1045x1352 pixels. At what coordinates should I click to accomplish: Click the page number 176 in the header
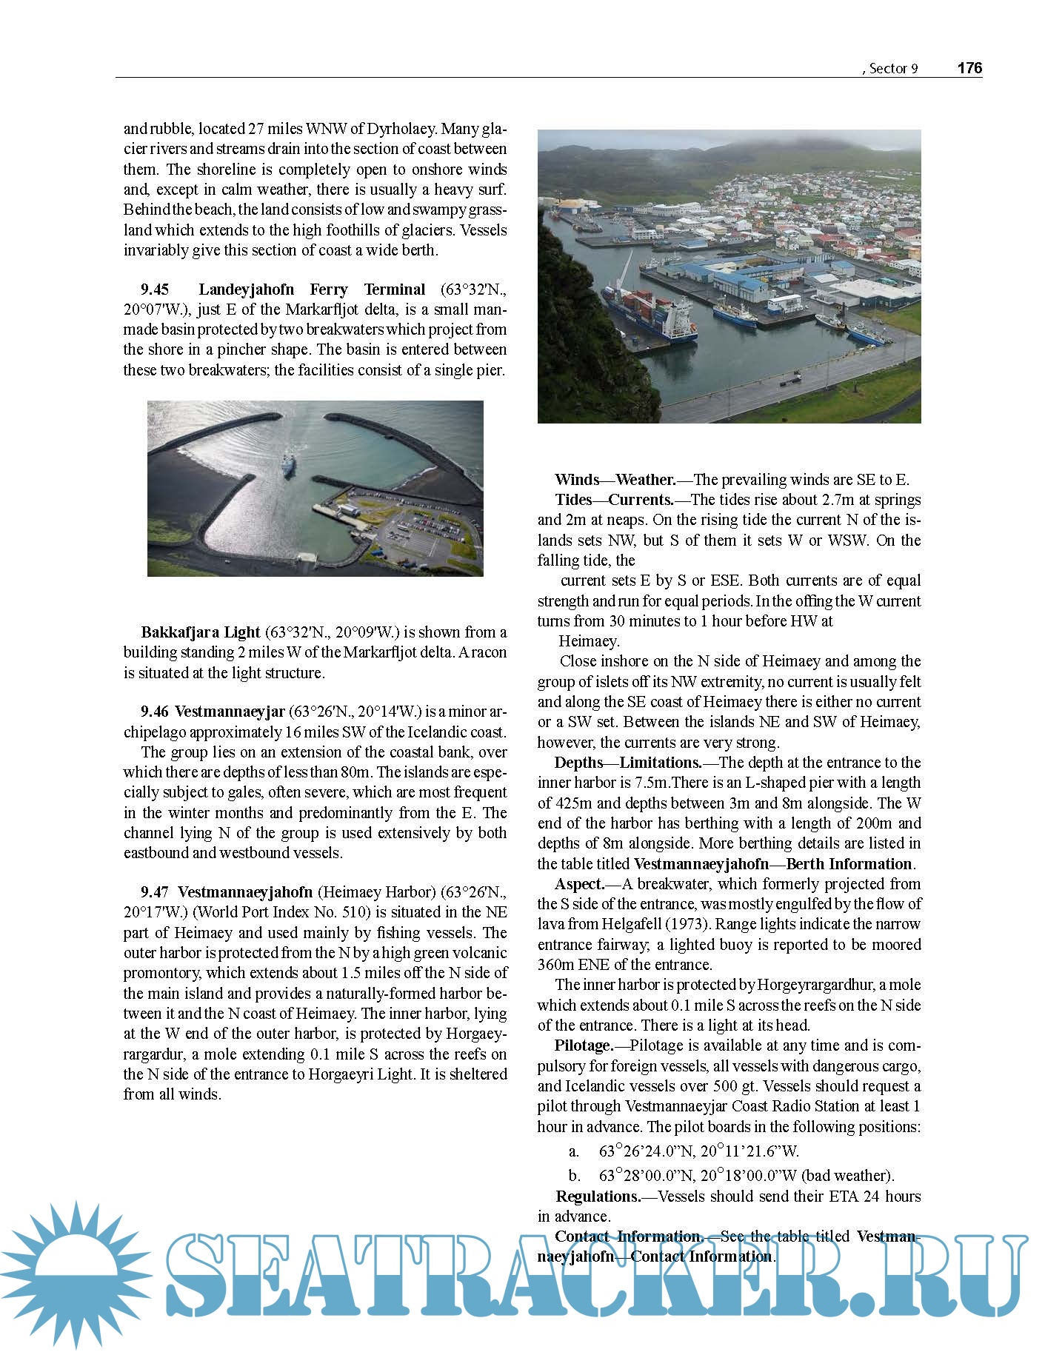click(969, 68)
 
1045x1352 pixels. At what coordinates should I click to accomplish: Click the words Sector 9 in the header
click(893, 69)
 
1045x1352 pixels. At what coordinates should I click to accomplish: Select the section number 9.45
click(155, 290)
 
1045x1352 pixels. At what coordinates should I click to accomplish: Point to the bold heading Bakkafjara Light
click(201, 632)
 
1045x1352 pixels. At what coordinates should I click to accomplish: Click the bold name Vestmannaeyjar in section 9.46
click(230, 712)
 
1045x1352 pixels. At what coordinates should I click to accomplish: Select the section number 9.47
click(155, 892)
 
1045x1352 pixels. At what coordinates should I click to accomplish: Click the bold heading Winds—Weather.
click(615, 480)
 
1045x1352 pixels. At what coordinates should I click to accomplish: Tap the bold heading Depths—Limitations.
click(627, 763)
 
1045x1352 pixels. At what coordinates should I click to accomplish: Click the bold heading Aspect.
click(579, 884)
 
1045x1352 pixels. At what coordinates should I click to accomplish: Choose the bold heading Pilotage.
click(584, 1045)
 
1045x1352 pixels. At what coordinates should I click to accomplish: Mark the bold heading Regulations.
click(598, 1197)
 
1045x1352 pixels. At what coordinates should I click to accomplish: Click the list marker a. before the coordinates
click(574, 1151)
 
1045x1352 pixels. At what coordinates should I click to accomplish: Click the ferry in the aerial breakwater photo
click(287, 466)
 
